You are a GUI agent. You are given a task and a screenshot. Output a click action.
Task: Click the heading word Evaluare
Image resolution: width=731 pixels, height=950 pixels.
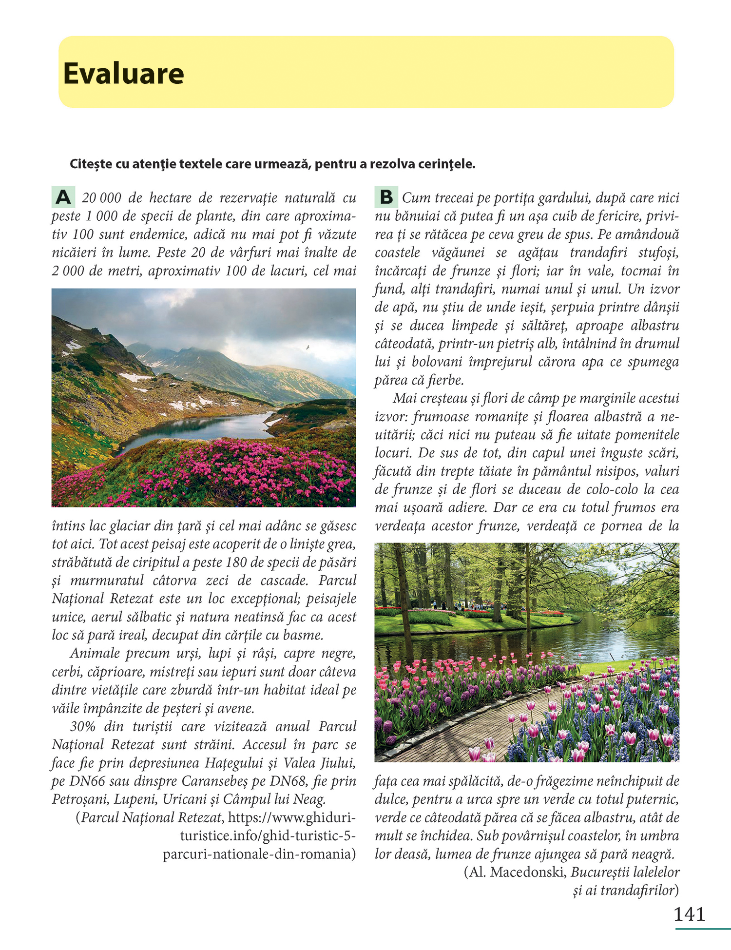click(x=123, y=74)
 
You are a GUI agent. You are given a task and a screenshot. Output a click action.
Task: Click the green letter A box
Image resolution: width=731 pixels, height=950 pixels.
click(x=63, y=197)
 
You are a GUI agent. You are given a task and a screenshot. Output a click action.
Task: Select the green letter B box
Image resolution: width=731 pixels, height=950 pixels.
click(x=386, y=197)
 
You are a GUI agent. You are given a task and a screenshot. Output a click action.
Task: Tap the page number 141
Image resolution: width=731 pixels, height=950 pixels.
click(x=689, y=914)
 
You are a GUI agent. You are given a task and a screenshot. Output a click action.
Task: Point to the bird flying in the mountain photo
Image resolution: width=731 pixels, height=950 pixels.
click(x=308, y=348)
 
